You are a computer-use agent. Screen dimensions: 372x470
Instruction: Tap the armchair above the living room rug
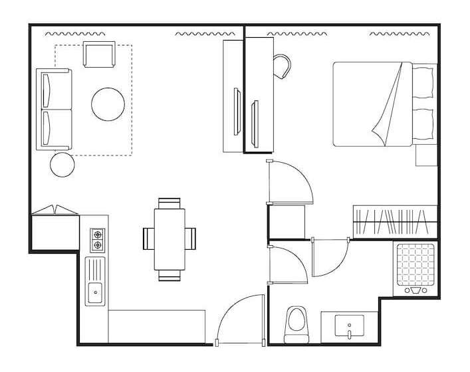click(x=99, y=54)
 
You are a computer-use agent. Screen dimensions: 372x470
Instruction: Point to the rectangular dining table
click(x=170, y=238)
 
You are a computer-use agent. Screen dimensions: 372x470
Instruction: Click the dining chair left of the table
click(x=148, y=237)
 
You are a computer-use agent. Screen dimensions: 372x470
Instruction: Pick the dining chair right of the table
click(x=191, y=237)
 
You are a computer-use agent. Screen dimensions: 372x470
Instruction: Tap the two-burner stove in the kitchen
click(x=98, y=240)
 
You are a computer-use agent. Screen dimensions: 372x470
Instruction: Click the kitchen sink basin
click(x=96, y=290)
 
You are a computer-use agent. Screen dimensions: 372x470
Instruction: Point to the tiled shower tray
click(x=415, y=264)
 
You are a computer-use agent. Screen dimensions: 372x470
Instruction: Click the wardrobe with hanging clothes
click(x=395, y=221)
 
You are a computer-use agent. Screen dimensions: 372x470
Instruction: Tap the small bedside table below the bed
click(x=425, y=155)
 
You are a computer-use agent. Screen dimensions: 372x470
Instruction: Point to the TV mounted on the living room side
click(x=236, y=110)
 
